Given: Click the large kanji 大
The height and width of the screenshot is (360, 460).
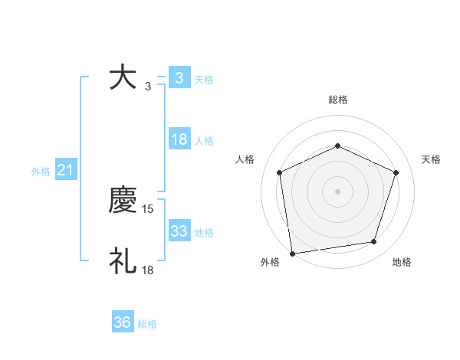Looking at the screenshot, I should [x=123, y=78].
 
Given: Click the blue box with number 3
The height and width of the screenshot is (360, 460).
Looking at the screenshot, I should [x=179, y=78].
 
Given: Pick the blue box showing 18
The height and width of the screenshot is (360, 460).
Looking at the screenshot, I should [x=179, y=139].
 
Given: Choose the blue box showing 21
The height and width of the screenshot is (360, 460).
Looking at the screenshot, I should [x=65, y=170].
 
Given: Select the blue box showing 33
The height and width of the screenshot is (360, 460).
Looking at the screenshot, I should [x=179, y=231].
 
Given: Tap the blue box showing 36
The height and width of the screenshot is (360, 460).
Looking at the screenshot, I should [x=123, y=322].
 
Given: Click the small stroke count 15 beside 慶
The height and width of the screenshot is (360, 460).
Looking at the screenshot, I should [x=149, y=208].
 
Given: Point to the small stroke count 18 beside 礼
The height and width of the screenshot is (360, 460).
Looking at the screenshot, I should [x=149, y=270].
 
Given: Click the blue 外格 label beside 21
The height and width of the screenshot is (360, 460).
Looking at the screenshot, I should [x=41, y=172].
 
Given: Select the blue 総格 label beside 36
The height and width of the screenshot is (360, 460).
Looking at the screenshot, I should [x=147, y=324].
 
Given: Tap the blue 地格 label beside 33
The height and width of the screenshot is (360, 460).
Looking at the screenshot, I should [x=204, y=233].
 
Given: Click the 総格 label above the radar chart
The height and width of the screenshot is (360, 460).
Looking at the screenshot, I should [x=338, y=100].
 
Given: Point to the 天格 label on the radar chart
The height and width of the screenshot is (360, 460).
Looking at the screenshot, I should [x=432, y=159].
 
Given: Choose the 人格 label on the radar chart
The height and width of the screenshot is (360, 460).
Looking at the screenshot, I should [x=245, y=159].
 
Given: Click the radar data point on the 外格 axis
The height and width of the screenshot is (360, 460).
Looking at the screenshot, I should [x=292, y=252].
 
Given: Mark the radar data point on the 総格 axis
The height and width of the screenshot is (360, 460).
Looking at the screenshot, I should [x=338, y=146].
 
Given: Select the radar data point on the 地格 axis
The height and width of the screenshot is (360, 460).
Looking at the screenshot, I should [x=374, y=242].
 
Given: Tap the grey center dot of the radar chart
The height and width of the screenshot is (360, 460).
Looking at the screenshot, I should [x=338, y=191].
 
